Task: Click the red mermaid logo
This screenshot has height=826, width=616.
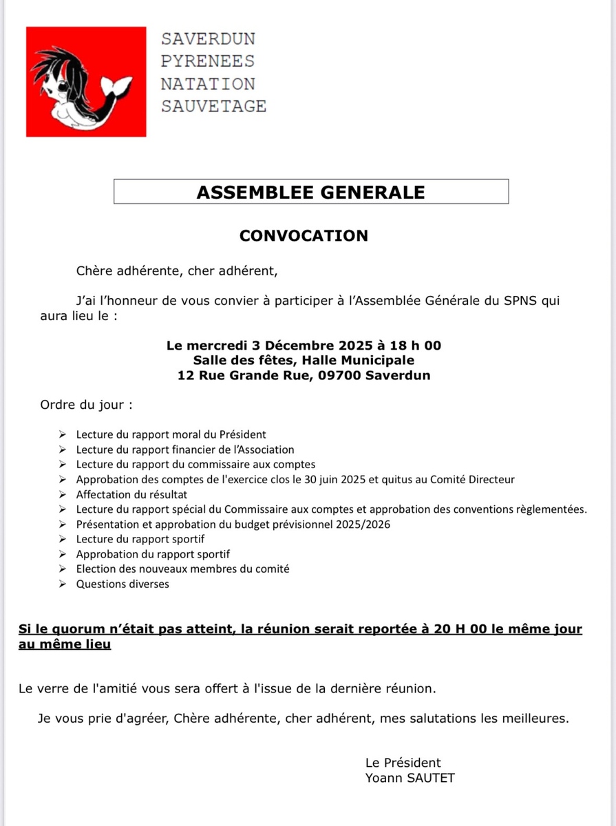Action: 86,81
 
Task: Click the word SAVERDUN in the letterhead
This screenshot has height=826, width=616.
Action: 208,39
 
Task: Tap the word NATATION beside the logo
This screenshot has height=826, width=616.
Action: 208,84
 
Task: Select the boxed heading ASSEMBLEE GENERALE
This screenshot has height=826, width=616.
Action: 311,192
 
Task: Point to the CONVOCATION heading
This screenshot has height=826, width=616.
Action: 304,235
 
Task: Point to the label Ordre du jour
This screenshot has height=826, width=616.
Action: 86,405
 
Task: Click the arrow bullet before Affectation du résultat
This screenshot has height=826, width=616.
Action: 63,494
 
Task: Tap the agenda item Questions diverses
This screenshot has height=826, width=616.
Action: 123,584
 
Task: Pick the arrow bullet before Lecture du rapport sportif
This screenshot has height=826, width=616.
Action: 63,539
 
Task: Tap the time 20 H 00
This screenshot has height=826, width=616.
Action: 460,629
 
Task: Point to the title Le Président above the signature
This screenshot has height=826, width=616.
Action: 403,762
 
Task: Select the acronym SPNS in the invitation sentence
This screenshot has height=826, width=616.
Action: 518,301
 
